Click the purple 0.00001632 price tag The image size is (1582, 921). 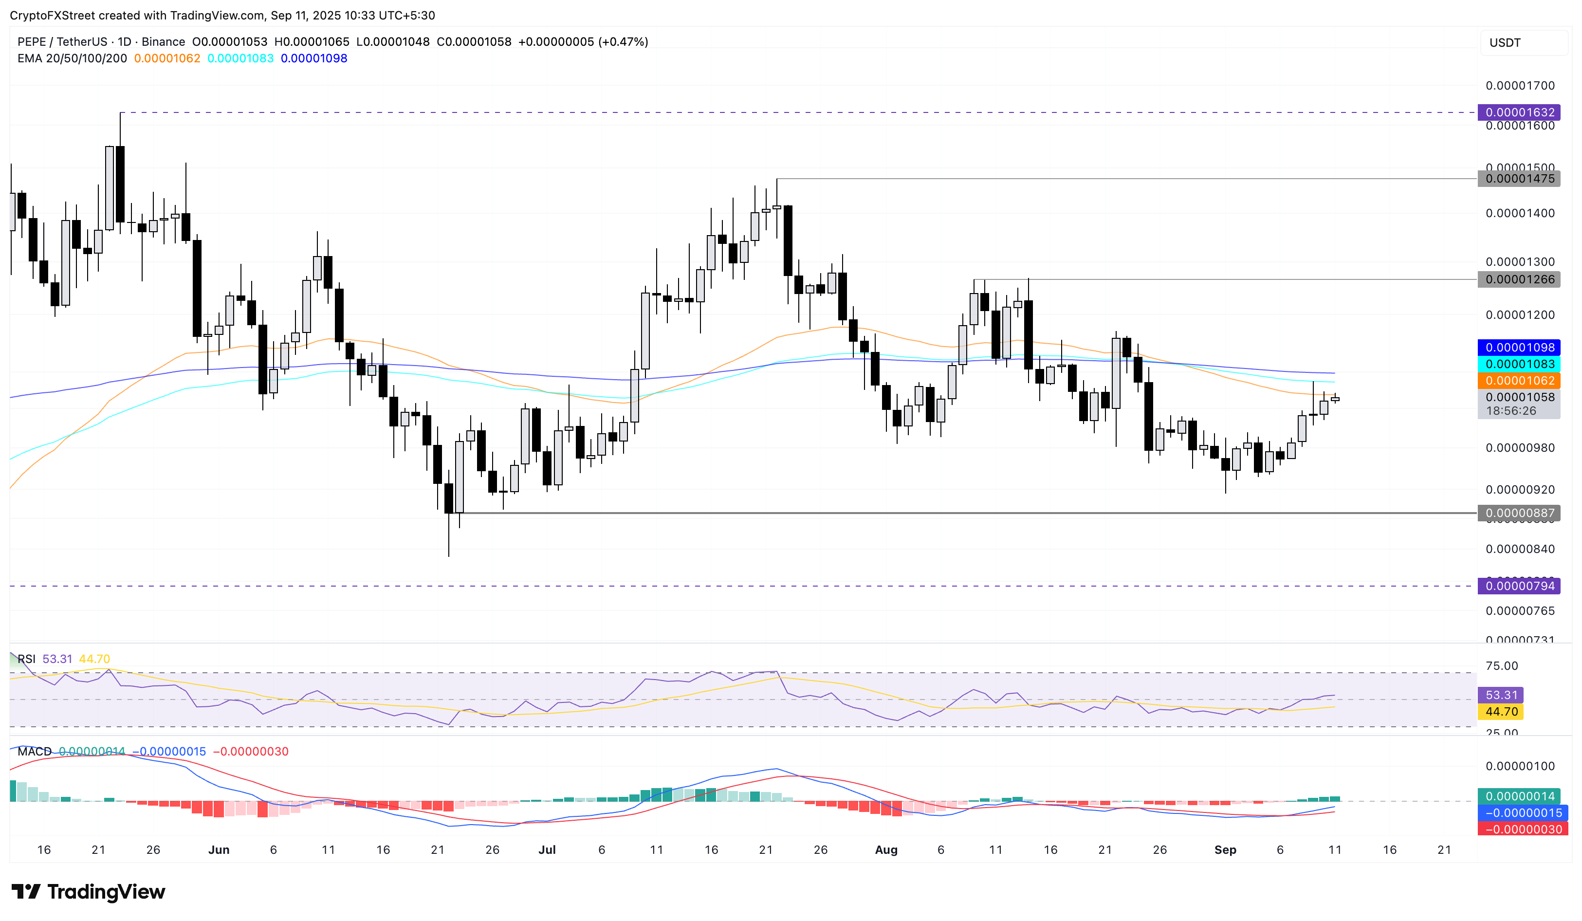click(1519, 112)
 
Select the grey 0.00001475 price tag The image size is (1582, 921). click(1519, 179)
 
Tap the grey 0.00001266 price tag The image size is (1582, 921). click(1519, 279)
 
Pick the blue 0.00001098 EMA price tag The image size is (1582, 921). click(1519, 348)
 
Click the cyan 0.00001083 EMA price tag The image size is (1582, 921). click(1519, 364)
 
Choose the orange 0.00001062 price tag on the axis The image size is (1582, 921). click(1519, 381)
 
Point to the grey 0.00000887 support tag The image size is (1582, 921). click(1519, 513)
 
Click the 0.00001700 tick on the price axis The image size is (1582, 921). click(1519, 85)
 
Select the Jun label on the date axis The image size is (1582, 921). click(219, 850)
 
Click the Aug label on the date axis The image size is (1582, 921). click(886, 850)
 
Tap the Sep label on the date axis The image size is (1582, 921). click(1225, 850)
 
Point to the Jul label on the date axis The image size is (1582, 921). click(547, 850)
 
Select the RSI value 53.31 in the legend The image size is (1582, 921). click(57, 659)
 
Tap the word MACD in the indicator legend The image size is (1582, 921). click(35, 752)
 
